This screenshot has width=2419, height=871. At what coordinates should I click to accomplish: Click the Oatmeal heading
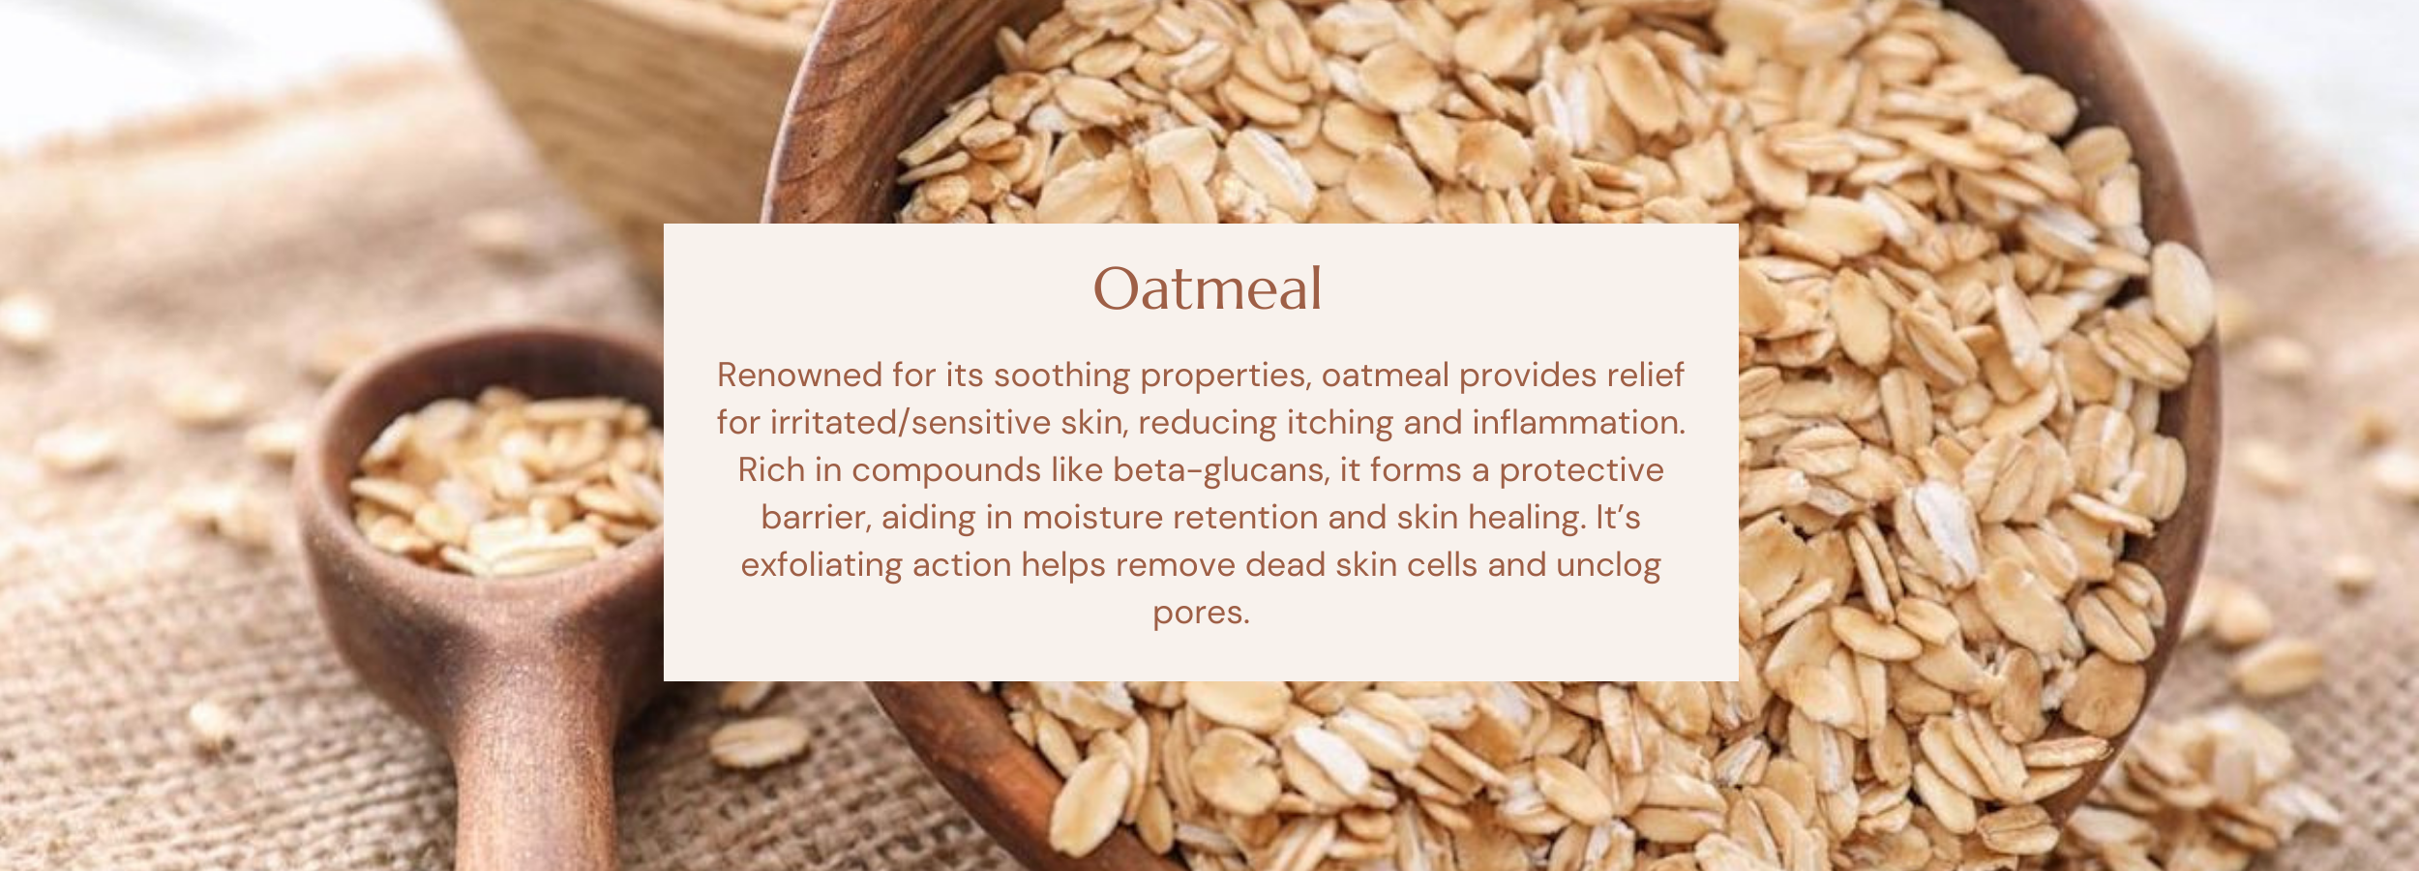pyautogui.click(x=1207, y=288)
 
